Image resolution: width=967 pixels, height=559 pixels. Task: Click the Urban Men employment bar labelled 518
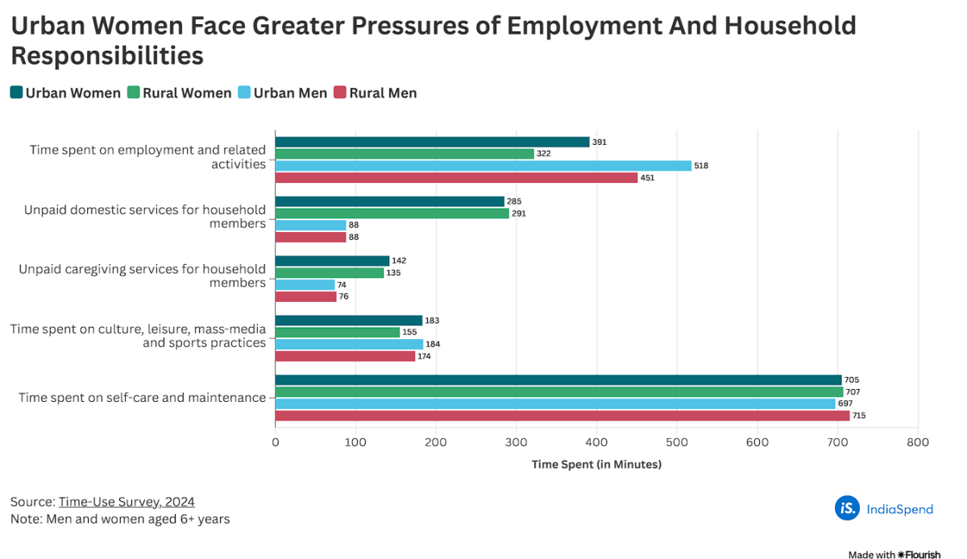click(483, 165)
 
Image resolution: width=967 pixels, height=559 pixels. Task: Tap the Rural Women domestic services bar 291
click(392, 213)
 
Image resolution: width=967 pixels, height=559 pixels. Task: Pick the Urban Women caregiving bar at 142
click(332, 261)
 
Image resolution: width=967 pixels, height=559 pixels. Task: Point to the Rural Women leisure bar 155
click(338, 332)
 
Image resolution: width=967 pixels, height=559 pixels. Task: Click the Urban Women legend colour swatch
click(16, 93)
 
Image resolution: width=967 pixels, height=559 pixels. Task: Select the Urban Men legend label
click(290, 93)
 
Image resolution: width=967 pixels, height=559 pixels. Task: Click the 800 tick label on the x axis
click(918, 442)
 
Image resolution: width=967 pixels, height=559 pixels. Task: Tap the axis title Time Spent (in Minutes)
click(596, 464)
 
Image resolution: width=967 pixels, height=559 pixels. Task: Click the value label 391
click(600, 142)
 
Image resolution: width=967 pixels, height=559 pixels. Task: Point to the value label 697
click(845, 404)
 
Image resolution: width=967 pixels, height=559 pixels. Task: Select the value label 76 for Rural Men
click(344, 296)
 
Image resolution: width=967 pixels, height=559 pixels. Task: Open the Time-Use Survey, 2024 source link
click(127, 502)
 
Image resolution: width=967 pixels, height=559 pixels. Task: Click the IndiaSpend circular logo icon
click(847, 508)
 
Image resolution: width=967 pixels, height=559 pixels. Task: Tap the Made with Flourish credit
click(894, 554)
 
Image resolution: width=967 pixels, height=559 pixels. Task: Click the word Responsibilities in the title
click(106, 56)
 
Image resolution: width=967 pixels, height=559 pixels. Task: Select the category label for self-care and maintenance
click(142, 397)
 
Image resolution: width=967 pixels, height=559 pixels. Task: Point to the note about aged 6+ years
click(120, 520)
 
